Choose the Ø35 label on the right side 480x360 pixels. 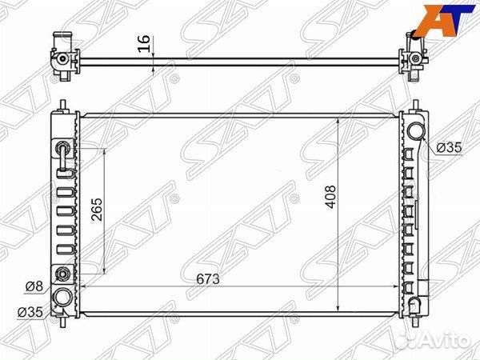450,147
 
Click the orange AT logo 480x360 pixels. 442,18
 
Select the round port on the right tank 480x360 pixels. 414,133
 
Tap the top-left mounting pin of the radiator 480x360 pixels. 62,104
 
